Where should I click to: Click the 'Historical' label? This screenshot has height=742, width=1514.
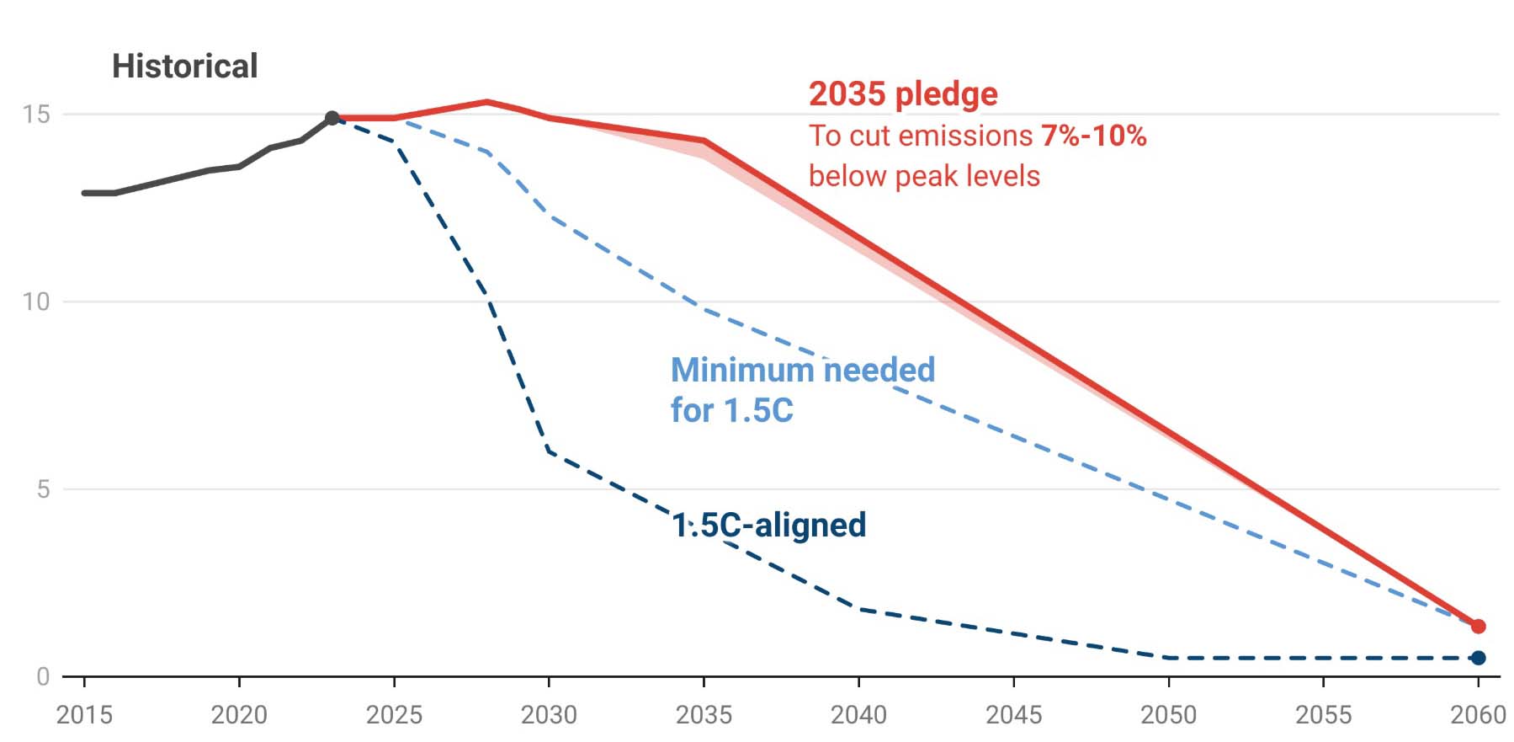tap(184, 67)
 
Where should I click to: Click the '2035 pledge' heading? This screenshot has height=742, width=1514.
tap(903, 93)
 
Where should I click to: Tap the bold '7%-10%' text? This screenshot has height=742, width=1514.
tap(1093, 136)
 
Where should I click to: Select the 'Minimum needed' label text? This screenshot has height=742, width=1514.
tap(802, 370)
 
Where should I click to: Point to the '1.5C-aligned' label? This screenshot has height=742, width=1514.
tap(768, 526)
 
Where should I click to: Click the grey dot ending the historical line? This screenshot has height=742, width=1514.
tap(332, 118)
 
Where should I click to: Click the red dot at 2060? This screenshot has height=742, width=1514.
tap(1478, 627)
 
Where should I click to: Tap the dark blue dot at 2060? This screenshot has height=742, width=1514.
tap(1478, 658)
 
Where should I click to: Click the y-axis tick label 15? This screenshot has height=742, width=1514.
tap(36, 115)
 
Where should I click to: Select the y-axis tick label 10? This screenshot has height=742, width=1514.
tap(36, 302)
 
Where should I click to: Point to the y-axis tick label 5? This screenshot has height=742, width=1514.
tap(43, 489)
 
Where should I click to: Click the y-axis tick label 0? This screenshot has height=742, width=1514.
tap(43, 676)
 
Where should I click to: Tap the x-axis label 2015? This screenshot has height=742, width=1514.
tap(84, 715)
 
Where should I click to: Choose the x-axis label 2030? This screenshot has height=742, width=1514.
tap(549, 715)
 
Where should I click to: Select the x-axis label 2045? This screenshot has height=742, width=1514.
tap(1013, 715)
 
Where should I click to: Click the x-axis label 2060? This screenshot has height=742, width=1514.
tap(1478, 715)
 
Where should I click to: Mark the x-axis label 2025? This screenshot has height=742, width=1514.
tap(394, 715)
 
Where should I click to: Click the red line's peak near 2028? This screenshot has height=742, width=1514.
tap(487, 102)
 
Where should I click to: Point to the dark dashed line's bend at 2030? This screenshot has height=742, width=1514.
tap(549, 451)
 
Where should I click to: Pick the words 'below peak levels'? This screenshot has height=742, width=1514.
tap(924, 176)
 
